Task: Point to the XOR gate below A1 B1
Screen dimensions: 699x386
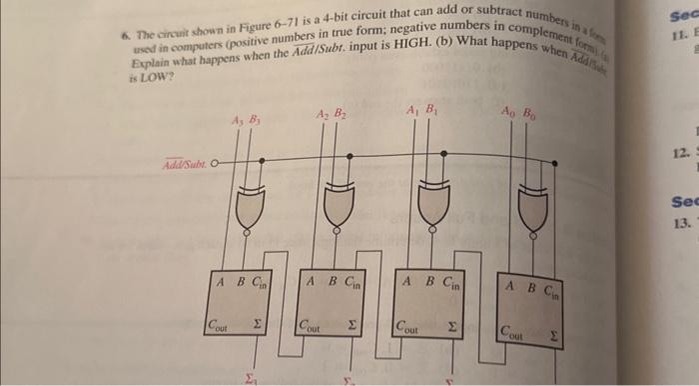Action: [431, 205]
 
